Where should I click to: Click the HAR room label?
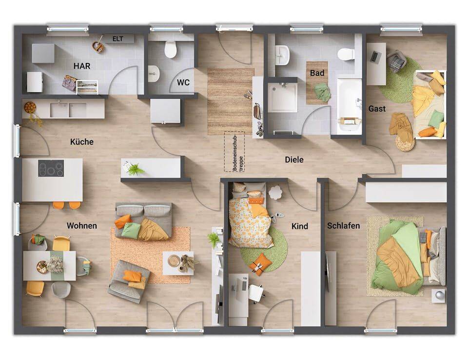point(82,66)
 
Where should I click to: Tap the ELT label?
point(118,39)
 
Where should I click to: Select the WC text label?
point(183,82)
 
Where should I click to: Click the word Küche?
point(82,141)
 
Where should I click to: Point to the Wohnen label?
point(82,225)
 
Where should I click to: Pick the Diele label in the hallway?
point(294,160)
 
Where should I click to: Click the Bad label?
point(317,73)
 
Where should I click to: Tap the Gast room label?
point(377,108)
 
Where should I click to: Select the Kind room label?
point(300,226)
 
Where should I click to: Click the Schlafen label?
point(343,225)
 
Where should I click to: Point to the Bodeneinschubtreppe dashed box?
point(234,152)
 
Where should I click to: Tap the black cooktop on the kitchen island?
point(51,168)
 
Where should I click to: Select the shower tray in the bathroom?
point(282,98)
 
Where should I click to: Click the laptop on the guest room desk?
point(374,57)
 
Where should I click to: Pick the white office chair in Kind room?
point(256,293)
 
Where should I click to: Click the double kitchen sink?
point(68,110)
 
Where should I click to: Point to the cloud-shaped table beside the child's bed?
point(275,192)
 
